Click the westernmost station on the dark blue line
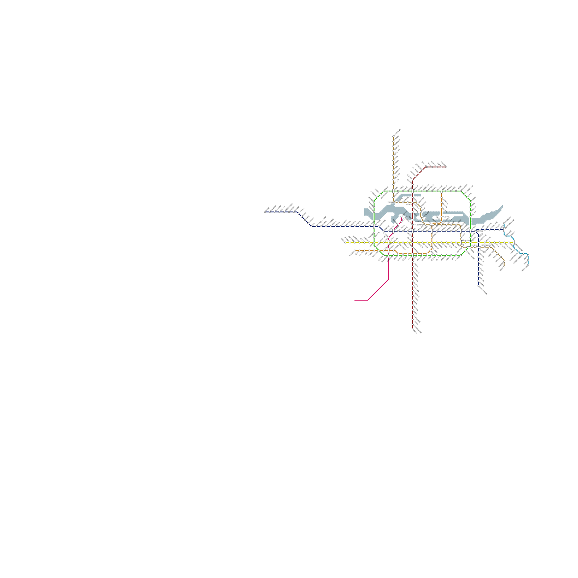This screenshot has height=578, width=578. [x=265, y=212]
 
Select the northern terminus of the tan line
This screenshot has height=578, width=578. [x=393, y=137]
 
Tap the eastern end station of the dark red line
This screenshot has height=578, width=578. [x=446, y=167]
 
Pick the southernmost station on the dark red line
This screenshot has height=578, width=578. [x=413, y=329]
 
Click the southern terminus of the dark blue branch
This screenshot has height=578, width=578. [x=479, y=286]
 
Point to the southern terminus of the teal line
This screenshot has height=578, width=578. [x=528, y=266]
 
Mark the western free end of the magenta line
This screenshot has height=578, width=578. [x=355, y=300]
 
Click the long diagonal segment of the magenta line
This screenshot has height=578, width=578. [x=378, y=290]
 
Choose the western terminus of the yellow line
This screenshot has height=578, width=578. [x=345, y=242]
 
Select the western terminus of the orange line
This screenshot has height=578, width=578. [x=355, y=250]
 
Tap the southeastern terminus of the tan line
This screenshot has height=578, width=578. [x=504, y=267]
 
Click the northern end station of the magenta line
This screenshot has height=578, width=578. [x=402, y=217]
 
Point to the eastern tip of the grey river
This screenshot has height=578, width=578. [x=502, y=206]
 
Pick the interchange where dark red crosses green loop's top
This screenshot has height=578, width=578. [x=413, y=191]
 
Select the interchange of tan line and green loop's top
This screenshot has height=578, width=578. [x=393, y=191]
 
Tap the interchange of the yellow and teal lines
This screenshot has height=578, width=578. [x=513, y=242]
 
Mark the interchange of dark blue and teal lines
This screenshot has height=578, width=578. [x=504, y=229]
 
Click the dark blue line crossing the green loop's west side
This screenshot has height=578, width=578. [x=374, y=227]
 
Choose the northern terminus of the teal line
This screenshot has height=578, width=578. [x=504, y=224]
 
